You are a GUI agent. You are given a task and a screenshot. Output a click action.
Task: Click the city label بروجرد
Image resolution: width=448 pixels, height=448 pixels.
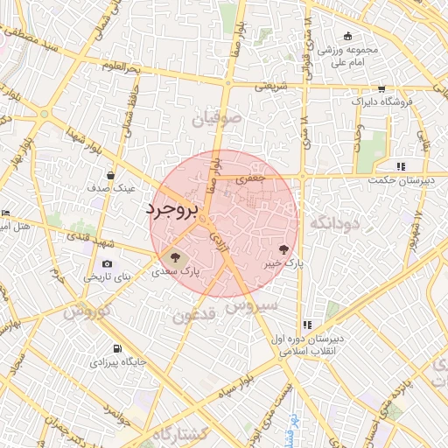pyautogui.click(x=173, y=211)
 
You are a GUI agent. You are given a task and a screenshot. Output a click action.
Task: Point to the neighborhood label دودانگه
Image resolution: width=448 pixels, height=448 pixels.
pyautogui.click(x=334, y=223)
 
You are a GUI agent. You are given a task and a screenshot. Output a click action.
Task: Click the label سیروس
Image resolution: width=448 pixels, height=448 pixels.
pyautogui.click(x=251, y=306)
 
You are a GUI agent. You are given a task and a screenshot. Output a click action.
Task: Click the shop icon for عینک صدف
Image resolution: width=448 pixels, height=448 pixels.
pyautogui.click(x=110, y=175)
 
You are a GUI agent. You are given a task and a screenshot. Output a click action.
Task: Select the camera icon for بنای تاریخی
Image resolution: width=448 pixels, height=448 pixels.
pyautogui.click(x=107, y=263)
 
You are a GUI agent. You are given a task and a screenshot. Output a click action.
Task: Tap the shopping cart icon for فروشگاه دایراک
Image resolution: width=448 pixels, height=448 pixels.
pyautogui.click(x=381, y=88)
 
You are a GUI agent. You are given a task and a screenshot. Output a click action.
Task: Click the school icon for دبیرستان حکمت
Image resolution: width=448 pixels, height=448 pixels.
pyautogui.click(x=401, y=165)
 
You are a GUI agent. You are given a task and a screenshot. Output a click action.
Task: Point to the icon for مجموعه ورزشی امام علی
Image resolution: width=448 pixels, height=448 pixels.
pyautogui.click(x=348, y=36)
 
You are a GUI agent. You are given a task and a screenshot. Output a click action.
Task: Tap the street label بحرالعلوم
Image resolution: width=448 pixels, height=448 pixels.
pyautogui.click(x=121, y=66)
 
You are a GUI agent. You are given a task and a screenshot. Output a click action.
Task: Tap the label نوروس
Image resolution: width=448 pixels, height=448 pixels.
pyautogui.click(x=86, y=312)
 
